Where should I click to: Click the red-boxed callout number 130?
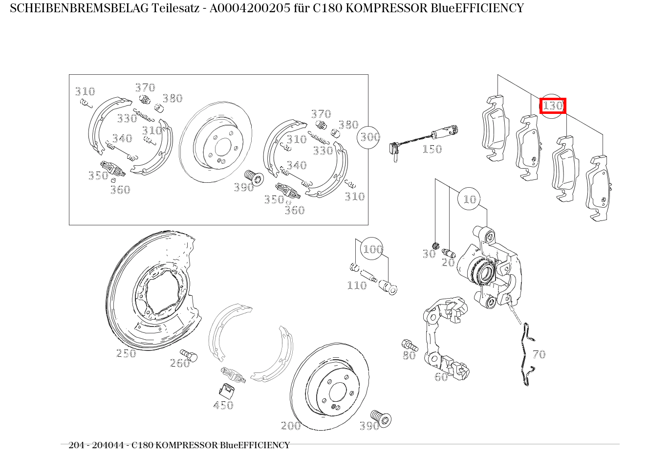tap(553, 106)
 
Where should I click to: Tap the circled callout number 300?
tap(370, 137)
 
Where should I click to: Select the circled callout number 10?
tap(469, 199)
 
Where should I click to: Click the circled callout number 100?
tap(372, 249)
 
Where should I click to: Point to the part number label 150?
tap(432, 150)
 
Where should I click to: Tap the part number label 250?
tap(126, 353)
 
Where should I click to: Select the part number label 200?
tap(291, 426)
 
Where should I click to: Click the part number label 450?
tap(223, 405)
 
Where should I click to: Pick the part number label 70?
tap(539, 354)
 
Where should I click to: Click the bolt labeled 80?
tap(409, 345)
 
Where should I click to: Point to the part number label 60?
tap(441, 377)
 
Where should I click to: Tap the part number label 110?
tap(357, 285)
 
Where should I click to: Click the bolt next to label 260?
tap(189, 355)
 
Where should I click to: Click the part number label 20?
tap(448, 262)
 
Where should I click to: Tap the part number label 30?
tap(429, 254)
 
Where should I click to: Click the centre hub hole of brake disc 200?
tap(337, 392)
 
